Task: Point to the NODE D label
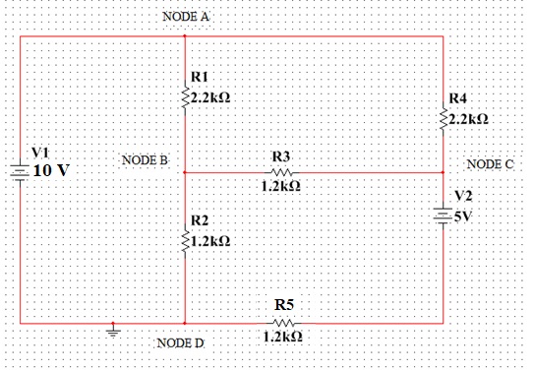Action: [x=181, y=342]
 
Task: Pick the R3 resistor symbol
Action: [x=282, y=171]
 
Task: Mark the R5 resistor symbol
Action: [x=283, y=322]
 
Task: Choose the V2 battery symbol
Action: [x=444, y=215]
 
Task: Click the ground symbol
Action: [x=115, y=332]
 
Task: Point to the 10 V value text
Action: [x=52, y=169]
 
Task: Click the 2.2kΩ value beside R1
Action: [x=212, y=97]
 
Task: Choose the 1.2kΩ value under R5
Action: [x=282, y=337]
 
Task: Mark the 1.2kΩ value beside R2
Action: [x=210, y=240]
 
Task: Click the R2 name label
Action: [x=198, y=218]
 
